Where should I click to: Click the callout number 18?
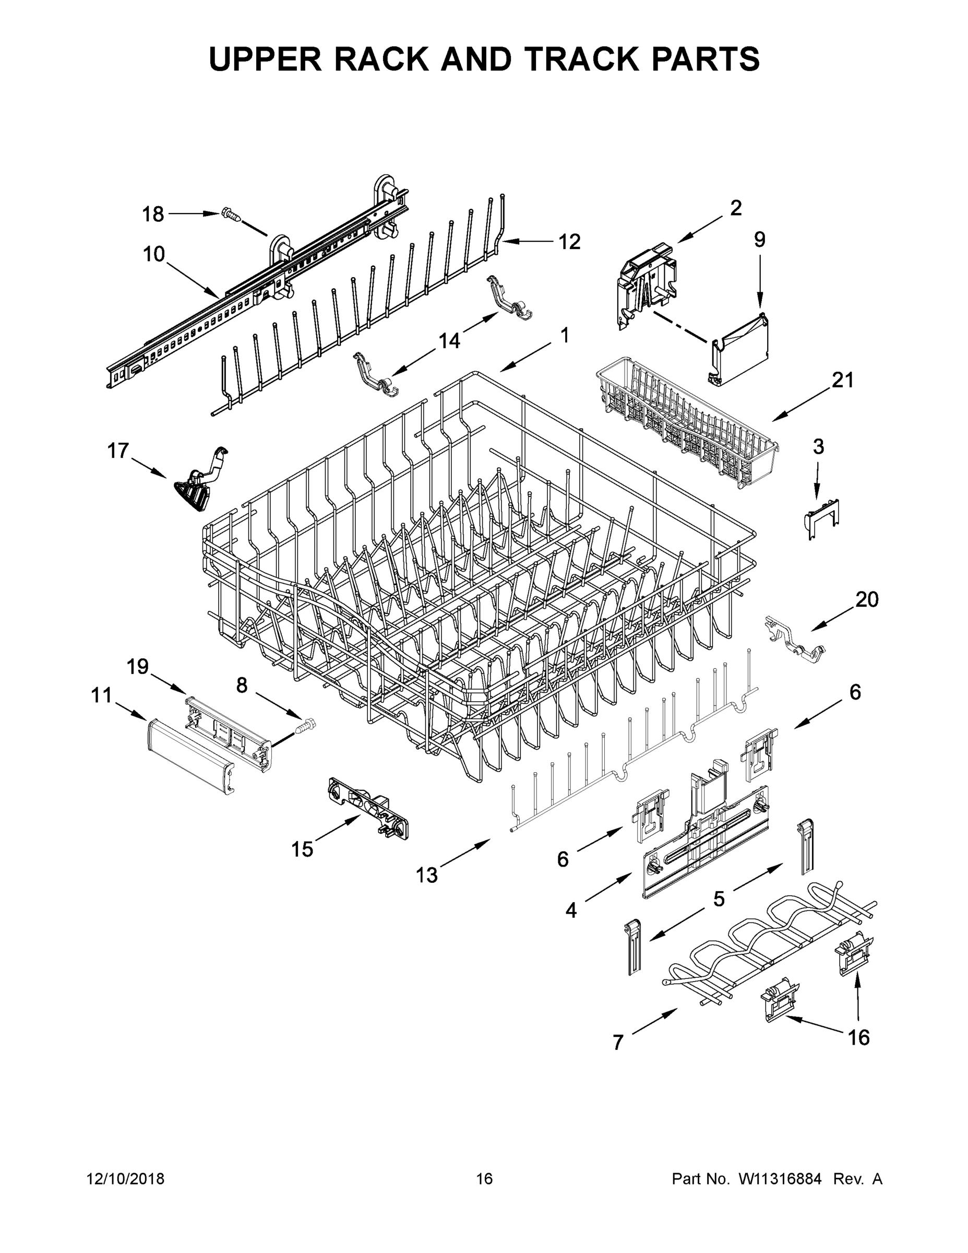[x=152, y=215]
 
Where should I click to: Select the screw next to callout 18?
[x=230, y=216]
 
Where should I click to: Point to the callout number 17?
[x=118, y=451]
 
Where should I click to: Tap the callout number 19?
[x=138, y=667]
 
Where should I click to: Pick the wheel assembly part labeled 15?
[x=367, y=808]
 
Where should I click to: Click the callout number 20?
[x=866, y=599]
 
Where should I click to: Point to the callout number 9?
[x=759, y=239]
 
